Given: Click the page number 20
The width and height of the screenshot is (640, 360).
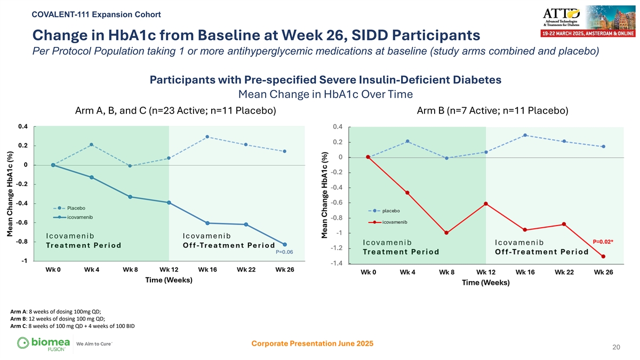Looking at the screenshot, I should tap(617, 348).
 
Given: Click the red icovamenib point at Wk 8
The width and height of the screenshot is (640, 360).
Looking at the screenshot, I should tap(446, 233).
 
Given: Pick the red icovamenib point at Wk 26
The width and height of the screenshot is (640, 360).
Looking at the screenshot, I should tap(603, 257).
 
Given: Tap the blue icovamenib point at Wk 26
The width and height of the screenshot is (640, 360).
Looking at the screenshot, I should tap(285, 244).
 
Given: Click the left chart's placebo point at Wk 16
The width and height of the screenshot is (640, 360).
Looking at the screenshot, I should tap(207, 137).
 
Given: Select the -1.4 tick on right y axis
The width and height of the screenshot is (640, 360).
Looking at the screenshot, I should tap(338, 263).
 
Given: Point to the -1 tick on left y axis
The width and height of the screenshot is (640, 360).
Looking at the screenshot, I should tap(25, 261).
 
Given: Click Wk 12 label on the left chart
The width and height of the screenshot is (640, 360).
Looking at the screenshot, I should tap(169, 270).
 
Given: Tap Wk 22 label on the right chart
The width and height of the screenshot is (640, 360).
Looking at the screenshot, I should tap(564, 273).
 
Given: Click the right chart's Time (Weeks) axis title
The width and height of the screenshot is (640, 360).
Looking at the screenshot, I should tap(485, 283).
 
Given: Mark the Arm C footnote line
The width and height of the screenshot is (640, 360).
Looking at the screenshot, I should tap(73, 326).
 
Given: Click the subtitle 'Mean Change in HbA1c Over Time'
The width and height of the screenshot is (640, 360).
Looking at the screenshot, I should tap(325, 95).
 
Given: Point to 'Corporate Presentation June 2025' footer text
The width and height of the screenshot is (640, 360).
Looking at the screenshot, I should tap(312, 343).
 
